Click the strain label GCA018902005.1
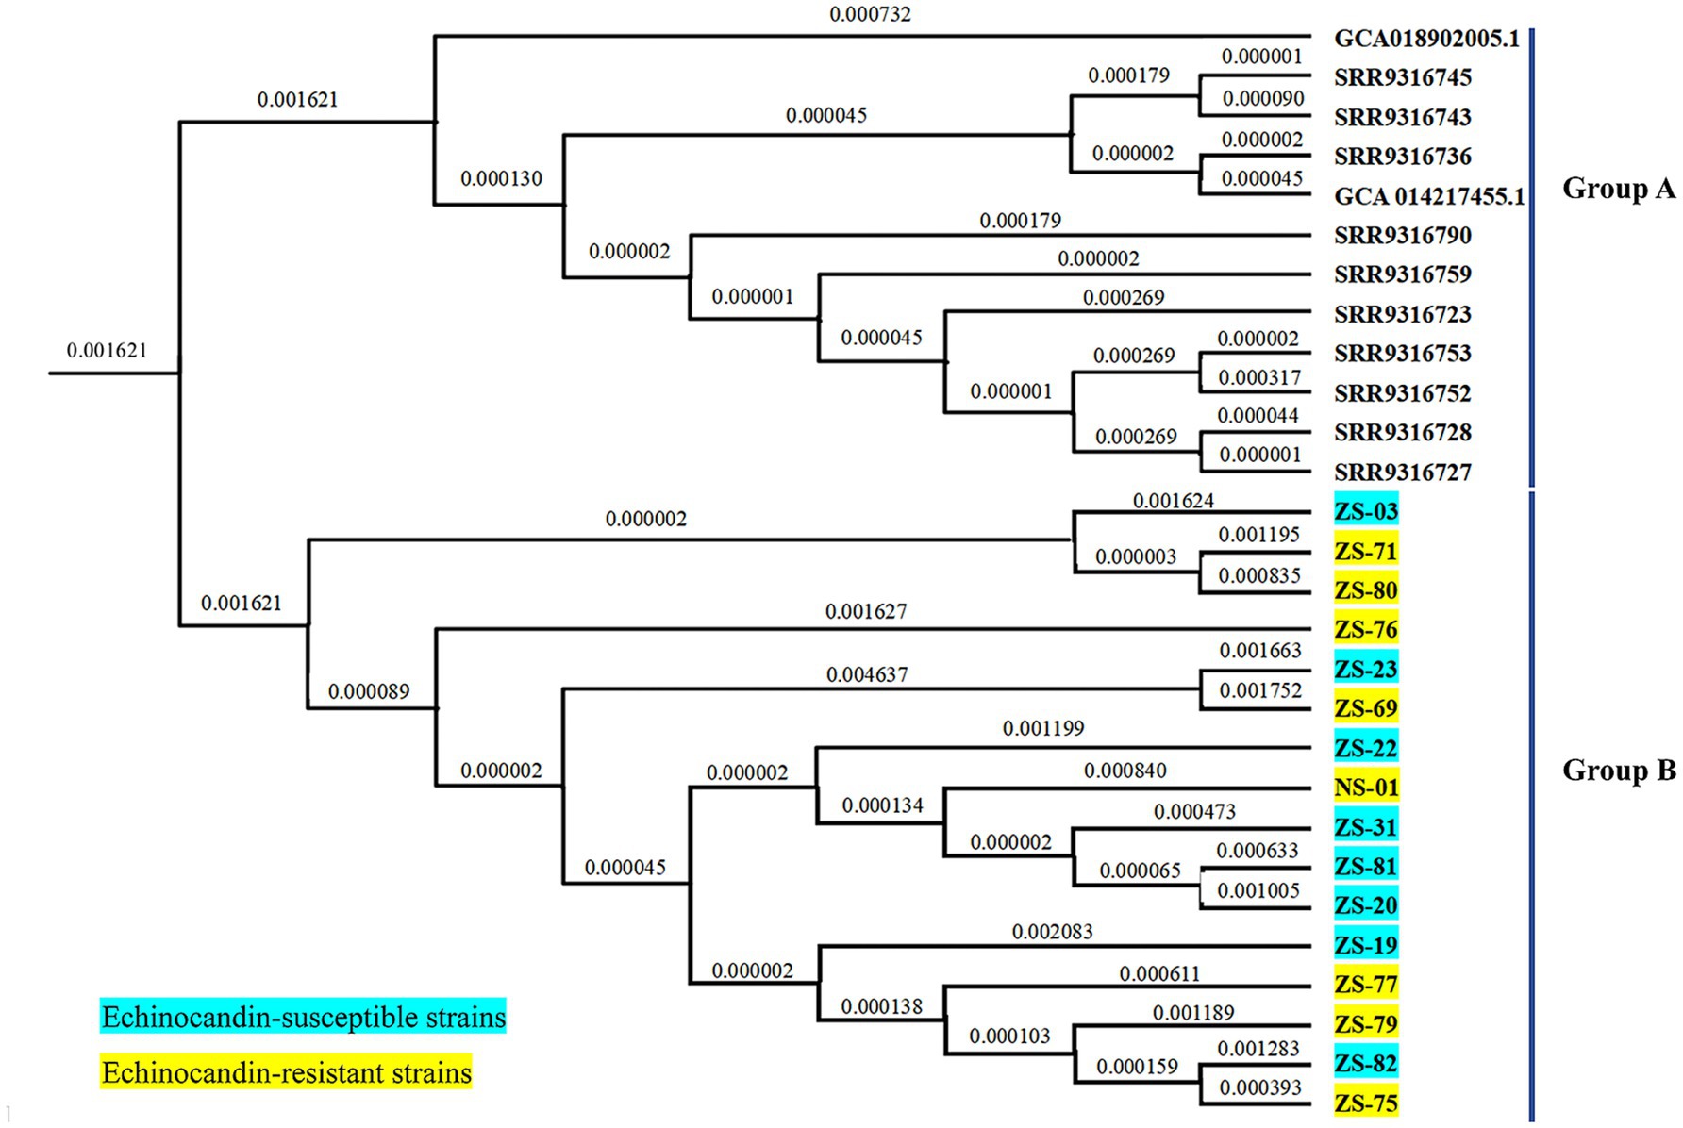(x=1426, y=39)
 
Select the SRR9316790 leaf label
(x=1402, y=235)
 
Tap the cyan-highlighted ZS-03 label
(x=1365, y=511)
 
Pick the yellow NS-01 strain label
(x=1365, y=787)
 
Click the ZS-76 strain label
(x=1365, y=629)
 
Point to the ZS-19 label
(x=1365, y=945)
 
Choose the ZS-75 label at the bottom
(x=1365, y=1103)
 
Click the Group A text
(x=1618, y=189)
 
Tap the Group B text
(x=1618, y=771)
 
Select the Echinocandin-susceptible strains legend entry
(x=303, y=1017)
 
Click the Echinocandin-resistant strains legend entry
(x=286, y=1072)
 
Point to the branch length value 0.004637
(x=866, y=674)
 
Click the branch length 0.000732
(x=870, y=14)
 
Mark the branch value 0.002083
(x=1052, y=932)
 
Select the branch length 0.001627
(x=865, y=611)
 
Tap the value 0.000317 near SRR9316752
(x=1258, y=377)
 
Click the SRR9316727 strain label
(x=1402, y=472)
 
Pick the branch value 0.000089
(x=369, y=691)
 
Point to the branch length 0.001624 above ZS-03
(x=1173, y=501)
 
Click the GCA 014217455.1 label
(x=1428, y=196)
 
